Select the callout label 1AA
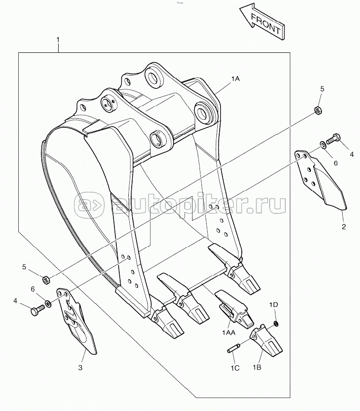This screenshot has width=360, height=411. point(228,332)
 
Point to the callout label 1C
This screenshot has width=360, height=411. point(234,368)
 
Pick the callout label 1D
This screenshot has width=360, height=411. point(273,304)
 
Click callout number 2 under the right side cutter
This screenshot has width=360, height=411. point(343,226)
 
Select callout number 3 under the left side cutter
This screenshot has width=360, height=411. point(80,368)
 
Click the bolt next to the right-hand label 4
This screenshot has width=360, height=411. point(333,139)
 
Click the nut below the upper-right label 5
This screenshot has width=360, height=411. point(318,111)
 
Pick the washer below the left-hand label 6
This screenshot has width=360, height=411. point(49,303)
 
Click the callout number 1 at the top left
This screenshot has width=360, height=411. point(58,38)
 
